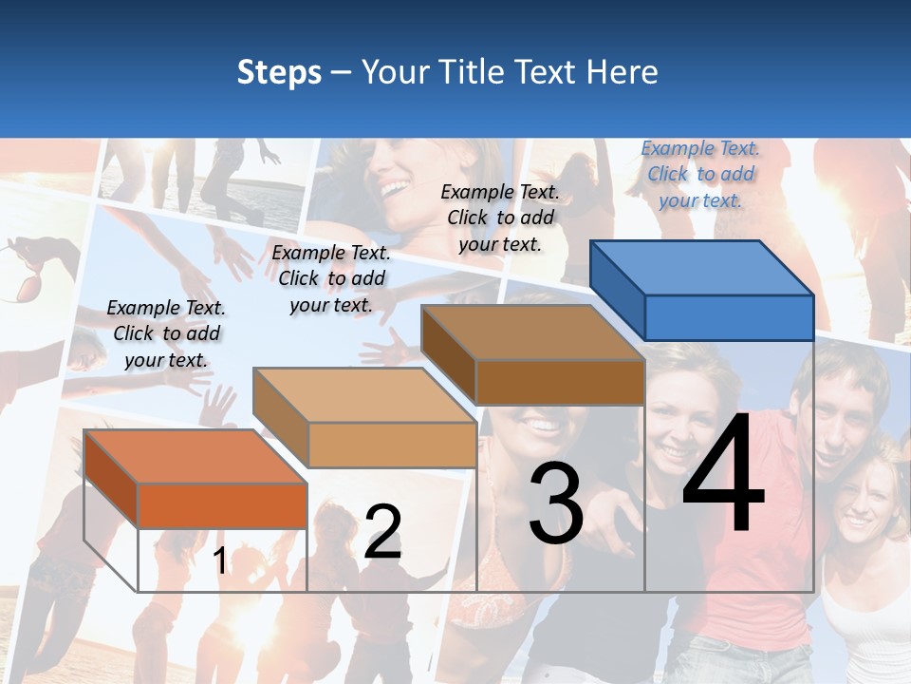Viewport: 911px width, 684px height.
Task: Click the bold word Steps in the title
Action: pyautogui.click(x=279, y=72)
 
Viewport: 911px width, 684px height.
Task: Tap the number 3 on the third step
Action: pyautogui.click(x=556, y=503)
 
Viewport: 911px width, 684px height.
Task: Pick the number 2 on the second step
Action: pyautogui.click(x=382, y=532)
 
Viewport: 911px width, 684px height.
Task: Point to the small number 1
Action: pyautogui.click(x=220, y=560)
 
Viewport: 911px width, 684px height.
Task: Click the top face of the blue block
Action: pyautogui.click(x=700, y=267)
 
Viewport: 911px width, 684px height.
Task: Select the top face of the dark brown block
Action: pyautogui.click(x=531, y=332)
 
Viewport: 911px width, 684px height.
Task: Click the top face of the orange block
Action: pyautogui.click(x=195, y=456)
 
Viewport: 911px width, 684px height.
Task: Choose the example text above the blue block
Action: pyautogui.click(x=700, y=174)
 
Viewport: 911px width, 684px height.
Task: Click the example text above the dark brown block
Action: pyautogui.click(x=500, y=218)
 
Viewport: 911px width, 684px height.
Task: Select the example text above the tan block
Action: pyautogui.click(x=331, y=278)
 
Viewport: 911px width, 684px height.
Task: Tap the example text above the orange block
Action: pyautogui.click(x=166, y=333)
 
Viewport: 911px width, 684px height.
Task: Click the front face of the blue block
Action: pyautogui.click(x=729, y=317)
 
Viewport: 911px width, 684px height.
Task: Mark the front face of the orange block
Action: pyautogui.click(x=222, y=505)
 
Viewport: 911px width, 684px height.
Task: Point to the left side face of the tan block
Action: pyautogui.click(x=281, y=418)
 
